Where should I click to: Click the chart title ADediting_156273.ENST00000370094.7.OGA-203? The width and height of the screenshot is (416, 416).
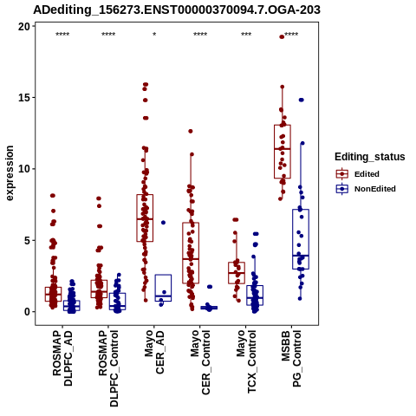(x=177, y=10)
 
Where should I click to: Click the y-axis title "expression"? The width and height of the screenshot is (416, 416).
(x=10, y=173)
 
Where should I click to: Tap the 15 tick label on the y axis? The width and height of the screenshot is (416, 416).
(x=24, y=98)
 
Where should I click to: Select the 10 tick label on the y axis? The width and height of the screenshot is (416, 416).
(x=24, y=169)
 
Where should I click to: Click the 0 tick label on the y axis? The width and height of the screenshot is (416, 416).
(x=28, y=312)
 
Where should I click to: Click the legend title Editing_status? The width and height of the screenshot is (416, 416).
(x=370, y=157)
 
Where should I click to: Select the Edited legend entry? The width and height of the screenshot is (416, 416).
(x=367, y=174)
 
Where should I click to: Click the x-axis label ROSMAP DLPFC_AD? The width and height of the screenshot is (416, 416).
(x=62, y=358)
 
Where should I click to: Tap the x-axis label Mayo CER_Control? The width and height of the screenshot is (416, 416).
(x=200, y=362)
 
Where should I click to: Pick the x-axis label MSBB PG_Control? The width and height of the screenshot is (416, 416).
(x=291, y=359)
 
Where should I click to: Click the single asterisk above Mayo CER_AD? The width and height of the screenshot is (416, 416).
(x=154, y=35)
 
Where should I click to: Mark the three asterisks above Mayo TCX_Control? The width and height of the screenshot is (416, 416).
(x=246, y=35)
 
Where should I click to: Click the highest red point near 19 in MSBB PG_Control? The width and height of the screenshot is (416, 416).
(x=282, y=36)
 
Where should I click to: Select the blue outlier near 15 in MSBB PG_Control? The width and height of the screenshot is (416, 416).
(x=302, y=100)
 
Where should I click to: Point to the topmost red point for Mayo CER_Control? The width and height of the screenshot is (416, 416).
(x=191, y=131)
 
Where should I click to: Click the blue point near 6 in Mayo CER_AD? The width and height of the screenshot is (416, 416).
(x=163, y=223)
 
